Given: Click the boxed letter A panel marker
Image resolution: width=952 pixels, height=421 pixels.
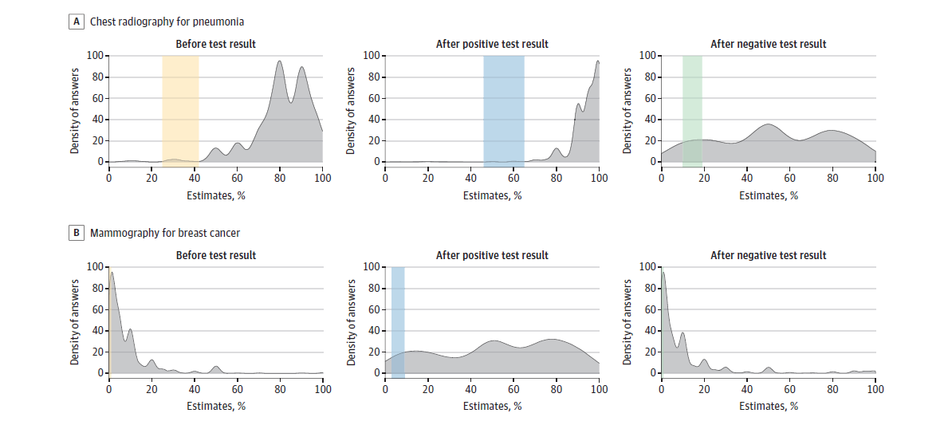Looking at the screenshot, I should (x=77, y=22).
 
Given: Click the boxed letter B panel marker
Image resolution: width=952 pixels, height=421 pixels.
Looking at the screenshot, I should (x=77, y=234).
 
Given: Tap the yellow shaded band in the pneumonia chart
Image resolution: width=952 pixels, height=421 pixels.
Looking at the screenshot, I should (x=180, y=108).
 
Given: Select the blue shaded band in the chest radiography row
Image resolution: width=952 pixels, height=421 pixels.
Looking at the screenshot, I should (x=503, y=108).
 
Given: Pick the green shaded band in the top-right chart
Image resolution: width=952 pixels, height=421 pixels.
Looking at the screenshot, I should (x=692, y=108).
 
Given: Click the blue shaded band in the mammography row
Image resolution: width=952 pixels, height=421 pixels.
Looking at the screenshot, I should (x=398, y=320).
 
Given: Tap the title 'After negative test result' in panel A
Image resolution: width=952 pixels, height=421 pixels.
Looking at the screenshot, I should (x=768, y=44).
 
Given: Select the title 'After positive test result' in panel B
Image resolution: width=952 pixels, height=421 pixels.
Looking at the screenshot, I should (x=492, y=255).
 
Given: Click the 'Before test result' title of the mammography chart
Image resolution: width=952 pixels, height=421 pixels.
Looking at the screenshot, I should (x=216, y=255).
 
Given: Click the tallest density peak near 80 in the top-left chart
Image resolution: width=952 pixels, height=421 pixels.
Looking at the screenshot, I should (x=280, y=62).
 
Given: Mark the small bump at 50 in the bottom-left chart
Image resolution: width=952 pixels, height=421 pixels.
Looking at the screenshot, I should (x=216, y=368).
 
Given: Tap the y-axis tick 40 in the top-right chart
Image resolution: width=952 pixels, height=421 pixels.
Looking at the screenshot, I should (x=651, y=120).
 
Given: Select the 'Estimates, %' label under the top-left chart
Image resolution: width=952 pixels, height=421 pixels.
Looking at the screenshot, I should (x=216, y=195).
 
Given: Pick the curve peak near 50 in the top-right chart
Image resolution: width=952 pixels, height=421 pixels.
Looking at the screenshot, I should (x=767, y=125).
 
